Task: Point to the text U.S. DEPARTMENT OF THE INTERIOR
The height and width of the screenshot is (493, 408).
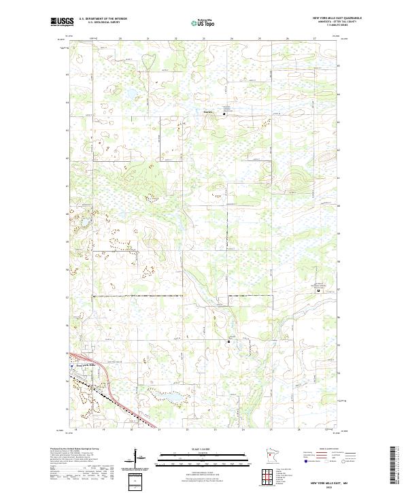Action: click(x=103, y=18)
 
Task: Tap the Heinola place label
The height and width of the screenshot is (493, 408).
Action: click(x=209, y=112)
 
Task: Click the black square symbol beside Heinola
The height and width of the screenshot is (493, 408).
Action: click(x=225, y=114)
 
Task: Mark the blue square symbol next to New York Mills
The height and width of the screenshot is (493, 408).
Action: click(x=71, y=365)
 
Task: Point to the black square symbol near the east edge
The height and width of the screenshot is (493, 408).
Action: click(x=320, y=290)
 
